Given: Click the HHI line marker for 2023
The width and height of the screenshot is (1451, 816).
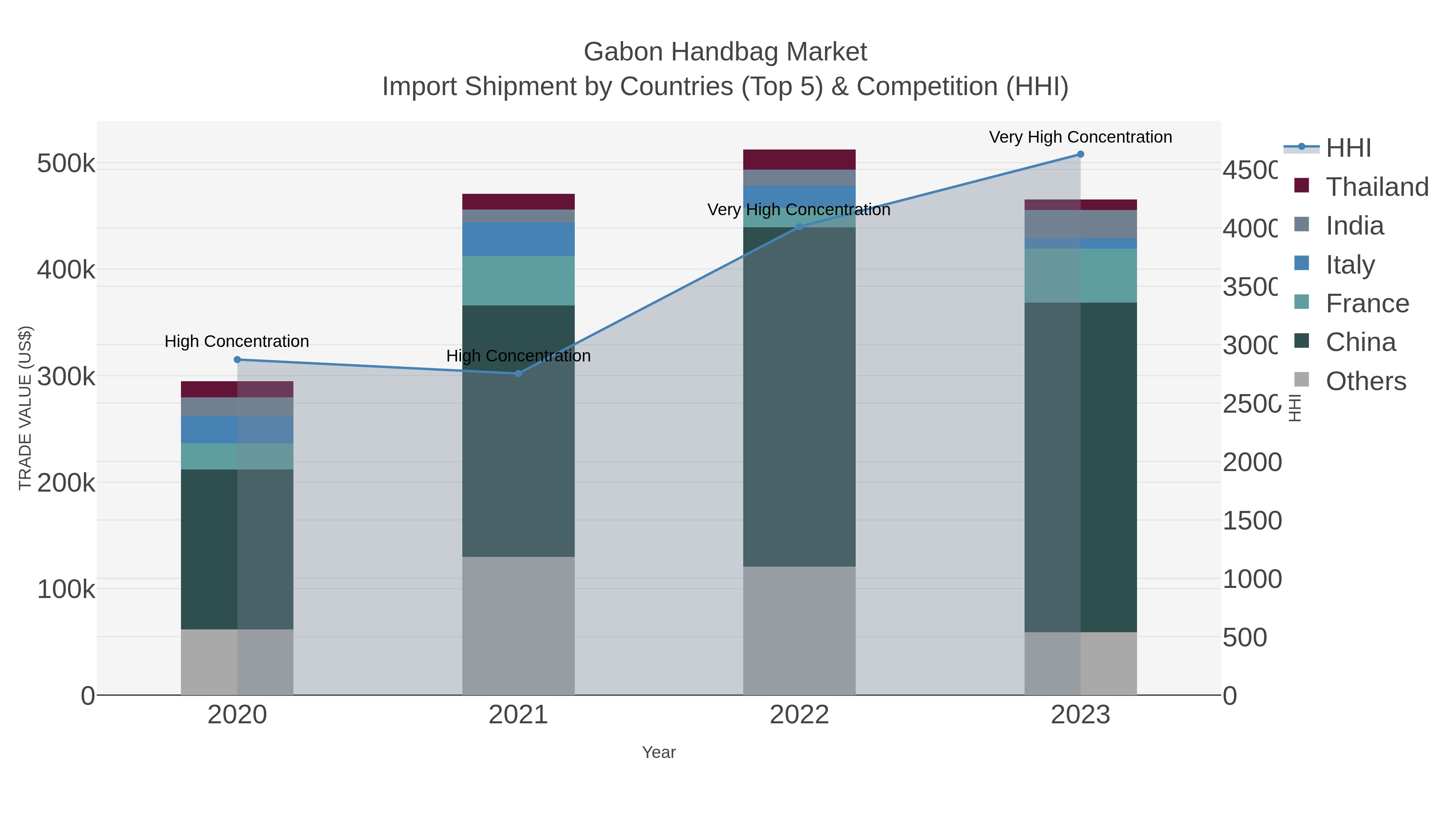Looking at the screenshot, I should (1080, 154).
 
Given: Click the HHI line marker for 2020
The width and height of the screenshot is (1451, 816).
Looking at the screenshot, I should (237, 360).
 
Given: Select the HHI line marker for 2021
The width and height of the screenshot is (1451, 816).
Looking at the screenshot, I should (518, 374).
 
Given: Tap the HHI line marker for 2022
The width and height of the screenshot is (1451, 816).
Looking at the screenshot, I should (799, 227).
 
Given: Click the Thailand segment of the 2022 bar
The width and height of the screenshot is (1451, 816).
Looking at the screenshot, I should (799, 159).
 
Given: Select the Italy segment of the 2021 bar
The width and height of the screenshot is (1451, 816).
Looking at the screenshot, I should (518, 239).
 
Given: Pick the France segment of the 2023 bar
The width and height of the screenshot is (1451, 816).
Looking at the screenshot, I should (1080, 276).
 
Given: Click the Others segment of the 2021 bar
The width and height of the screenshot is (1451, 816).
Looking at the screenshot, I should (518, 625).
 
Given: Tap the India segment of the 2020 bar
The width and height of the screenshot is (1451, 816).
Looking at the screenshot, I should (237, 407).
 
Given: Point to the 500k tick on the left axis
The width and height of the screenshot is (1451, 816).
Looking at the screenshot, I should (66, 164).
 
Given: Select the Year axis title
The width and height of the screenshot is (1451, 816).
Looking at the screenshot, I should (659, 752).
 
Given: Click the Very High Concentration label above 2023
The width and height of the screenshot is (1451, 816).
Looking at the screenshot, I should (1080, 137).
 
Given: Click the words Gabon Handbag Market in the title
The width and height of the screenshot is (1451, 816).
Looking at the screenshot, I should (725, 52).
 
